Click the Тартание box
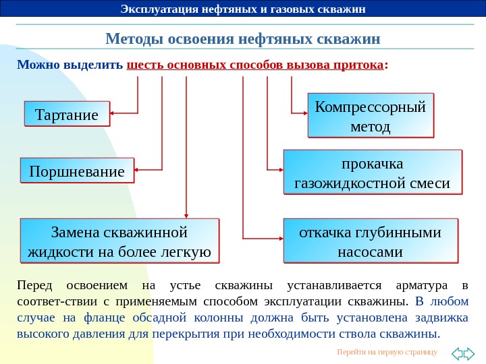[66, 114]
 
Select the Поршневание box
[77, 171]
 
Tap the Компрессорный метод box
[371, 116]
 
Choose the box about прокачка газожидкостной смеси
[373, 173]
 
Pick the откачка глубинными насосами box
[371, 241]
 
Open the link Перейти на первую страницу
[387, 353]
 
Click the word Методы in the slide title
[130, 38]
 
